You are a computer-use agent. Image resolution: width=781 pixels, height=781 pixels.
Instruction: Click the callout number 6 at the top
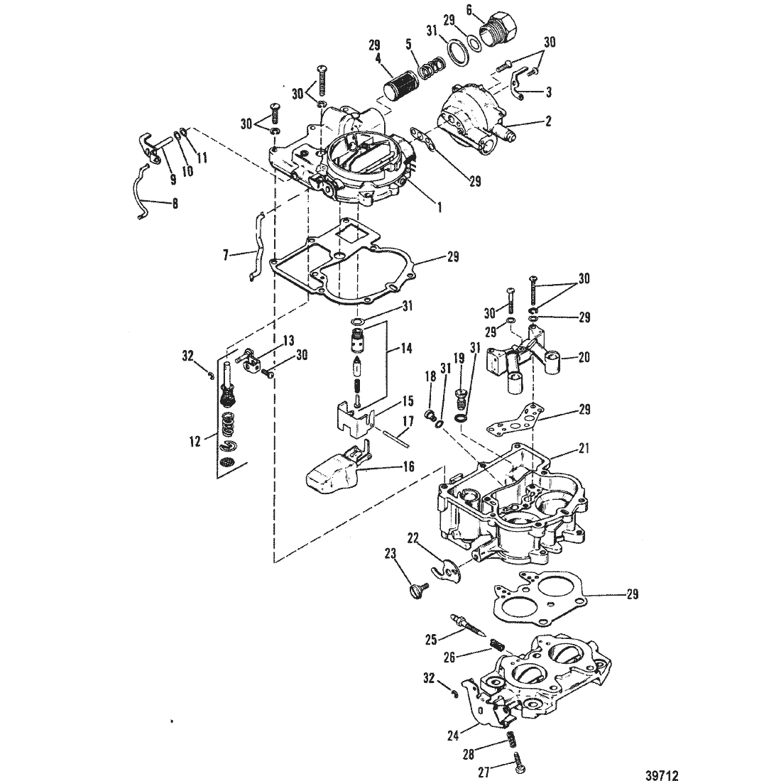pyautogui.click(x=469, y=9)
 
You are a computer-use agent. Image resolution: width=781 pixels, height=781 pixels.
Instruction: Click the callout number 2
pyautogui.click(x=548, y=121)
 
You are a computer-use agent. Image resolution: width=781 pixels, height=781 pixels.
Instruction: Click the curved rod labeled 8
pyautogui.click(x=143, y=192)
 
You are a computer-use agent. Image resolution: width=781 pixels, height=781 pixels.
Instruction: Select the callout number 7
pyautogui.click(x=226, y=256)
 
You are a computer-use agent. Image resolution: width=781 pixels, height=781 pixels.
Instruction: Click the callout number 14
pyautogui.click(x=407, y=348)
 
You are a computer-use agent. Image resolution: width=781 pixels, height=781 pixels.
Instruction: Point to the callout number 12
pyautogui.click(x=195, y=441)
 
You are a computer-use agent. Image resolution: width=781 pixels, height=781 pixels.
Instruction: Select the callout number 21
pyautogui.click(x=583, y=448)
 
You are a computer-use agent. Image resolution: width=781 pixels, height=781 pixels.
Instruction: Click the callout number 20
pyautogui.click(x=583, y=356)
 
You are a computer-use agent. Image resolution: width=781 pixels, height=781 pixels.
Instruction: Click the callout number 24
pyautogui.click(x=452, y=735)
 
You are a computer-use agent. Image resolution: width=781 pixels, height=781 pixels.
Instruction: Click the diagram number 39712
pyautogui.click(x=662, y=775)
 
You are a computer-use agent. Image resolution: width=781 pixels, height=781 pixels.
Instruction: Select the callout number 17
pyautogui.click(x=408, y=421)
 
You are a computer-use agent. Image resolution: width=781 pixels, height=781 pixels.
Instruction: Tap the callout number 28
pyautogui.click(x=468, y=754)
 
